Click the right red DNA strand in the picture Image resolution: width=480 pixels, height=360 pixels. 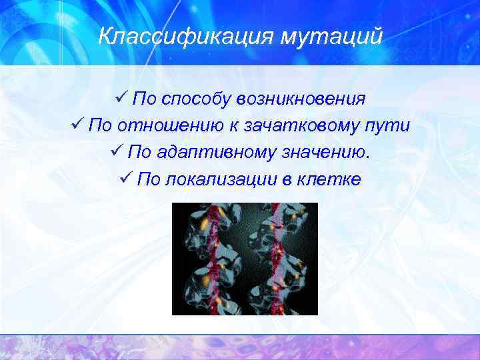point(275,260)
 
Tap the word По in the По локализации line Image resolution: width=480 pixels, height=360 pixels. point(147,179)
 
